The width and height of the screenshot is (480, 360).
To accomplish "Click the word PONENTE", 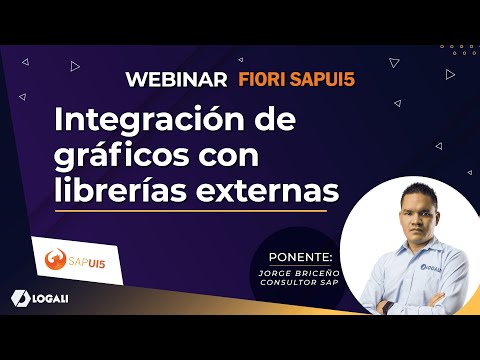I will (287, 243).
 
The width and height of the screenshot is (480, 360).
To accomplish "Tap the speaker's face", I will (407, 217).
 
